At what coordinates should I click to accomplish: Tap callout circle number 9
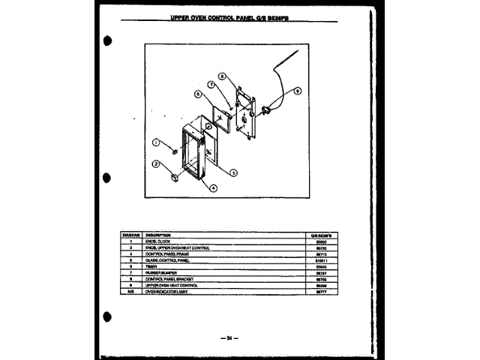(297, 91)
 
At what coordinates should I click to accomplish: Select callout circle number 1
(157, 142)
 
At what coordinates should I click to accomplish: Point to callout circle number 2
(157, 163)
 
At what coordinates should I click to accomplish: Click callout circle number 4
(213, 187)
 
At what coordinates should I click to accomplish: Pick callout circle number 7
(213, 86)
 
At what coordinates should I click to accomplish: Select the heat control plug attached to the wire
(266, 114)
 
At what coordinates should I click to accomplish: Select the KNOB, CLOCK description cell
(149, 241)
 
